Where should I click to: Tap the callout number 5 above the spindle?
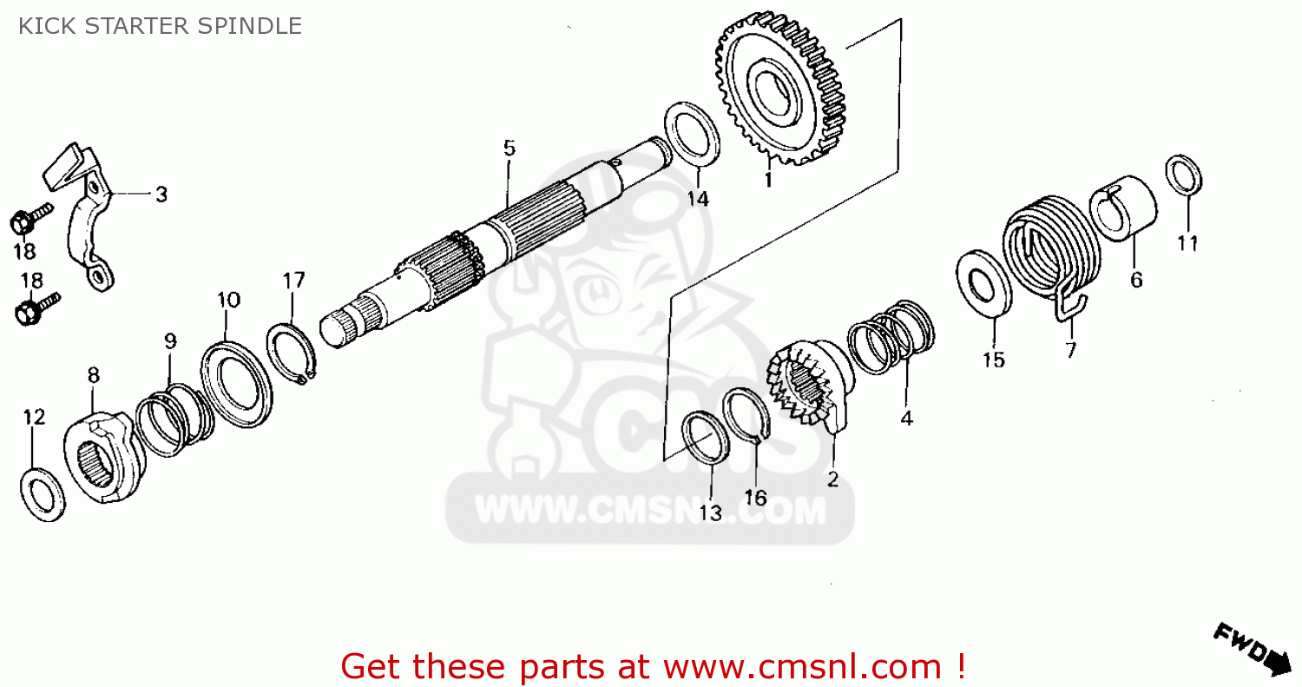[510, 149]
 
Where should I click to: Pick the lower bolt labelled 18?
[36, 309]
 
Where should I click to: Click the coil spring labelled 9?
[174, 418]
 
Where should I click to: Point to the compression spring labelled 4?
[891, 336]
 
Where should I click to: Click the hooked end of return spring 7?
[1069, 307]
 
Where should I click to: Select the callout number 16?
[756, 498]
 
